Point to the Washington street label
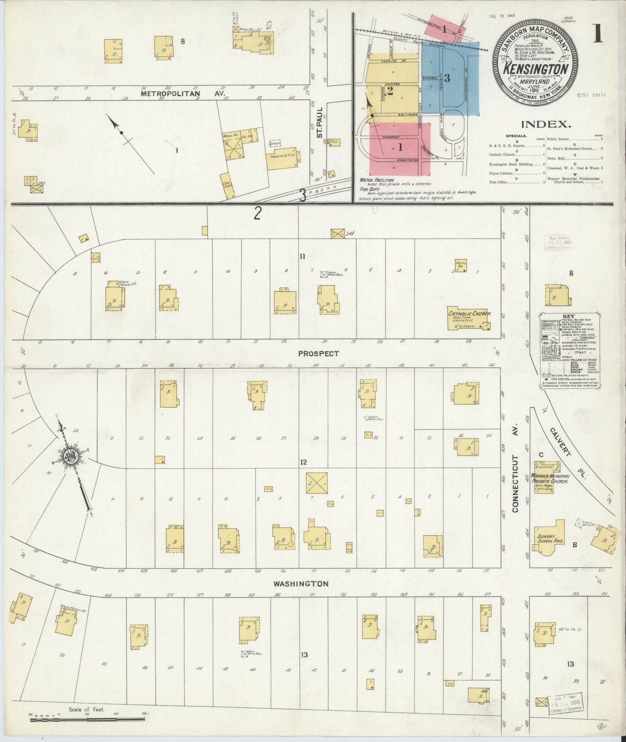point(300,584)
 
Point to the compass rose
point(71,456)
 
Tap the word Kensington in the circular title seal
point(535,69)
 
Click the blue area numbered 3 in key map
point(448,78)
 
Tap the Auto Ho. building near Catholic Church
point(460,265)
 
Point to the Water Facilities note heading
point(376,180)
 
